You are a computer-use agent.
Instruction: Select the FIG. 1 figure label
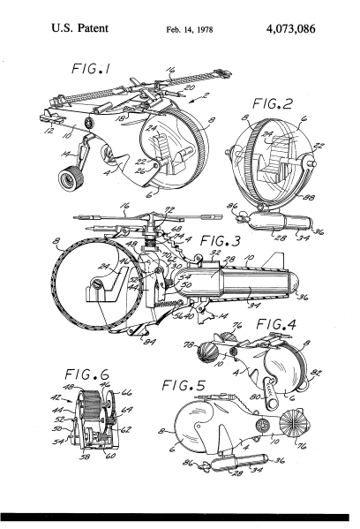[96, 68]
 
